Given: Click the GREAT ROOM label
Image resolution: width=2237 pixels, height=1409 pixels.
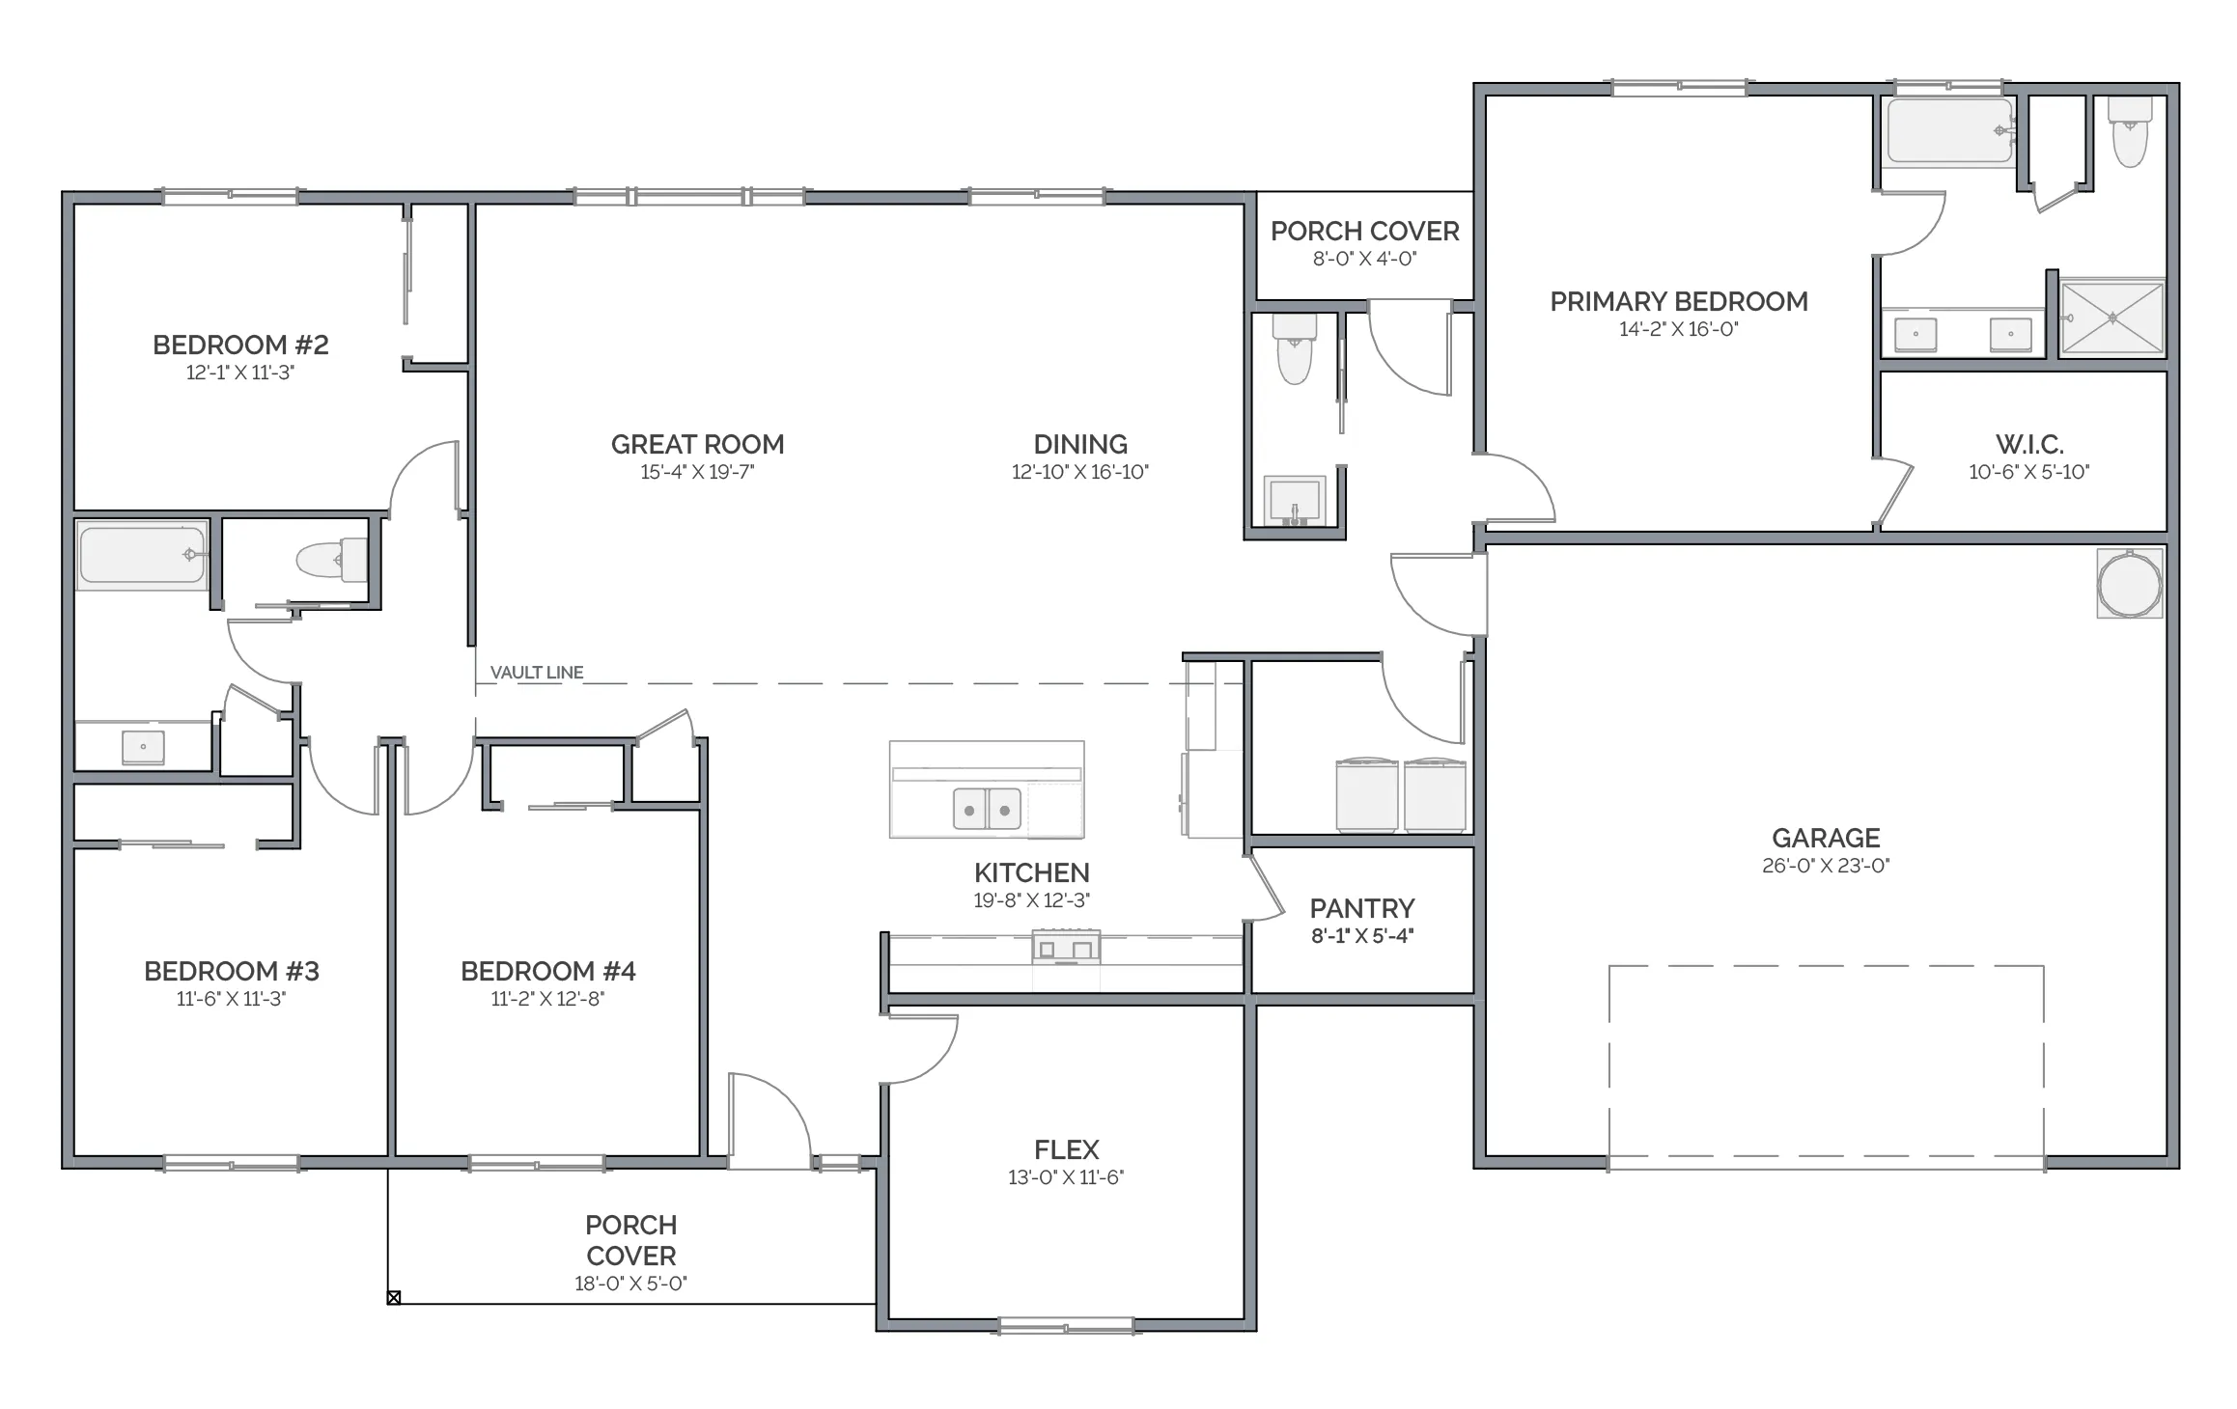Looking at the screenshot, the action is pos(697,445).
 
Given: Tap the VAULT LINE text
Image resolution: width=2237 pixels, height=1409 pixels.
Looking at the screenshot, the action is pos(537,673).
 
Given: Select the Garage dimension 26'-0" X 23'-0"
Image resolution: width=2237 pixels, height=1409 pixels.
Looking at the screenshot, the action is pos(1826,866).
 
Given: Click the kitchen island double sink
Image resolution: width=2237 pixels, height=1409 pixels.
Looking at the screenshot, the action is pos(987,809).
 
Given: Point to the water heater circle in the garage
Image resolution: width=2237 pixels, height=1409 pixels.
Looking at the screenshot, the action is pos(2130,583).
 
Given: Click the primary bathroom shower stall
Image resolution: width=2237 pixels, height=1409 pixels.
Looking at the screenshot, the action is pos(2112,317).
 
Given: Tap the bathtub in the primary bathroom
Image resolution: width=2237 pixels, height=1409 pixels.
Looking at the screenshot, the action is pos(1950,130).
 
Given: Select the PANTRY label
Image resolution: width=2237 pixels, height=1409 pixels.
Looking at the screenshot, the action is pos(1362,908).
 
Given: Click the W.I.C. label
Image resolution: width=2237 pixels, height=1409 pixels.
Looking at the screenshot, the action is pos(2029,445).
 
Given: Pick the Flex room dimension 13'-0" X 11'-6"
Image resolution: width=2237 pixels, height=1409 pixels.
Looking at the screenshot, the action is pos(1066,1177).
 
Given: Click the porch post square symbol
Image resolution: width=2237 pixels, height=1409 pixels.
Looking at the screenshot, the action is pos(394,1297).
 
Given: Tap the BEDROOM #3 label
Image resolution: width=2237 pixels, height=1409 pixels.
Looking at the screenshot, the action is pos(232,971).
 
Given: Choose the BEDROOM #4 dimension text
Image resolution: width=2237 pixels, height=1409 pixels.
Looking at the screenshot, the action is pos(547,999).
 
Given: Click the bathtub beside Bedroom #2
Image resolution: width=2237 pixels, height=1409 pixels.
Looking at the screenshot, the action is pos(143,555).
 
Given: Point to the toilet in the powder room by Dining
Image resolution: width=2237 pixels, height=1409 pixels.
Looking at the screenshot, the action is pos(1295,348).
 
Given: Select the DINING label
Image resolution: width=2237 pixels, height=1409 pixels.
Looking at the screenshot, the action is pos(1080,445).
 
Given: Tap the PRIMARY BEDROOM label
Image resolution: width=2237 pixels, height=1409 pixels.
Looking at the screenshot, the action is pos(1679,302).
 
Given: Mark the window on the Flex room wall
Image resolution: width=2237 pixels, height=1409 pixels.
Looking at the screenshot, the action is pos(1066,1325).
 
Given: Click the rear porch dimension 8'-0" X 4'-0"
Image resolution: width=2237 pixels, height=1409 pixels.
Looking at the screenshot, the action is pos(1364,259).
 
